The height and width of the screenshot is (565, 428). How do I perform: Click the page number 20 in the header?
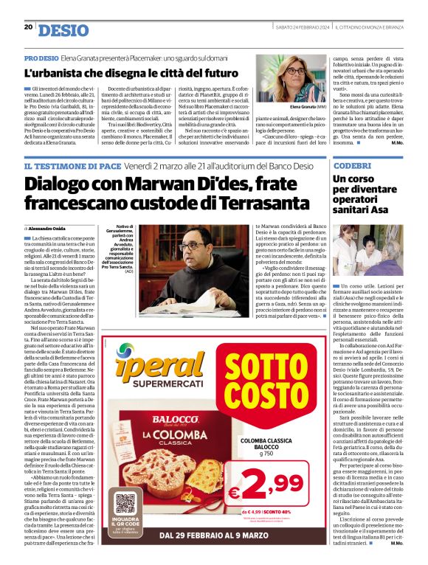point(27,27)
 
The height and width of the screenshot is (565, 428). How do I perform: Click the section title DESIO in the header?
point(63,30)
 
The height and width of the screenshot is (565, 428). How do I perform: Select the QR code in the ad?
point(125,502)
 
